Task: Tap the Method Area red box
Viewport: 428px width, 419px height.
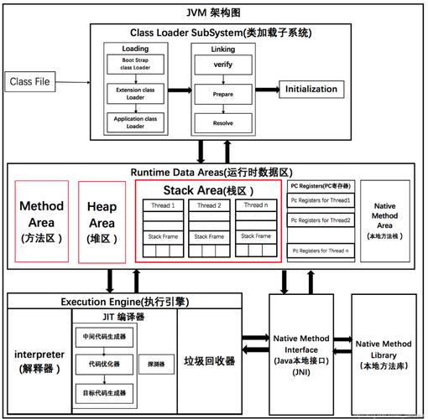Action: [42, 221]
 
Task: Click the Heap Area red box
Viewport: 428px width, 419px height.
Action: [102, 221]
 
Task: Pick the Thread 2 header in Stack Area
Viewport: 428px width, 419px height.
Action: [210, 205]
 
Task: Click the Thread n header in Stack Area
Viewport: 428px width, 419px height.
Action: [256, 205]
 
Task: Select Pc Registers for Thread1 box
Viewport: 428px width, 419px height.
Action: [321, 201]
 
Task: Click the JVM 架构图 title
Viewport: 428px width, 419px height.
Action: [214, 11]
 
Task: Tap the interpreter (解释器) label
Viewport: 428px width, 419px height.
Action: [39, 360]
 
